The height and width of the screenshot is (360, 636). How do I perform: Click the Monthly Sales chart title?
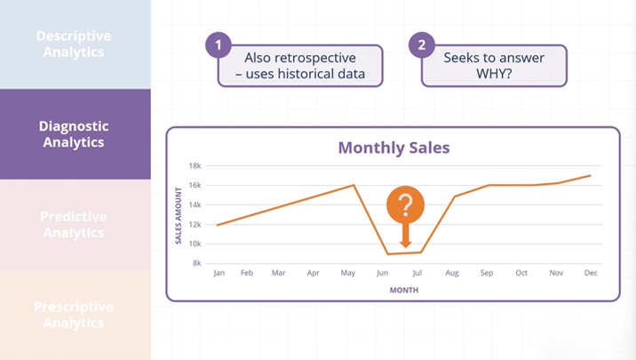click(394, 148)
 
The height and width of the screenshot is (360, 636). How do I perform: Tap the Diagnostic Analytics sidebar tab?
click(74, 134)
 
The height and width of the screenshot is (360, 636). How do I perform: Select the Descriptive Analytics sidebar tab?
click(74, 44)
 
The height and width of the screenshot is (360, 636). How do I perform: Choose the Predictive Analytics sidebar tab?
click(74, 225)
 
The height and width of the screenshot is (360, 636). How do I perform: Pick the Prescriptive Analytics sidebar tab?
click(74, 315)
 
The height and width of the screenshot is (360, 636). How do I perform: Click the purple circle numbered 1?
click(218, 45)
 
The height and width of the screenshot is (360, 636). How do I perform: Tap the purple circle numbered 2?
click(421, 45)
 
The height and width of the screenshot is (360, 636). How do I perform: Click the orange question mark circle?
click(405, 206)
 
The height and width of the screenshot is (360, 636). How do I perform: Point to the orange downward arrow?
click(405, 236)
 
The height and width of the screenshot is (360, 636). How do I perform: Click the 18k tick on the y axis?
click(195, 165)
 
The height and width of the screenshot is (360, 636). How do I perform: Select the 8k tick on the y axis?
click(197, 263)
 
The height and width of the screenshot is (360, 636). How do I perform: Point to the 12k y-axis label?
click(195, 224)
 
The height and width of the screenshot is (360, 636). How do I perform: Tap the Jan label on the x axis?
click(219, 273)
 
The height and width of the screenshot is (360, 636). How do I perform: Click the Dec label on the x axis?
click(591, 273)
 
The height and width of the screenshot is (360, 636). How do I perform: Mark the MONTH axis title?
click(404, 290)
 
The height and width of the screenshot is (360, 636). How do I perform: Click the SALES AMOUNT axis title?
click(178, 213)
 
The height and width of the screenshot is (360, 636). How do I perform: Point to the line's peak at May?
click(354, 185)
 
